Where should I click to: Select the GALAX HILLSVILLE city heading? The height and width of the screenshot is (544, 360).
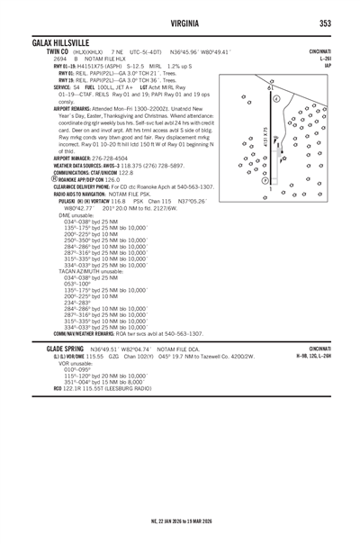(x=60, y=43)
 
